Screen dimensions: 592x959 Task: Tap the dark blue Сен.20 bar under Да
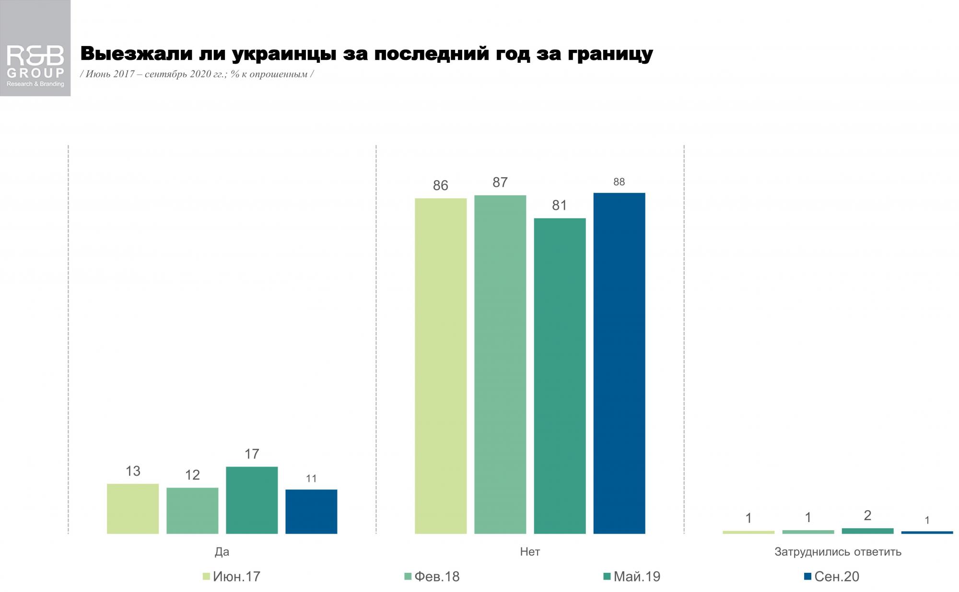pos(311,511)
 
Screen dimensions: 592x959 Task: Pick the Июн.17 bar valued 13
pos(133,508)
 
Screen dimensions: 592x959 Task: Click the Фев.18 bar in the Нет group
pos(500,364)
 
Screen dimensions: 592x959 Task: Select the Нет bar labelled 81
pos(560,376)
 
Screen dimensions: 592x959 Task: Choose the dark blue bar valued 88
pos(619,363)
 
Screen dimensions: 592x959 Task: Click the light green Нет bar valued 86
pos(441,365)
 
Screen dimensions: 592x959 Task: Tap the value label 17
pos(252,454)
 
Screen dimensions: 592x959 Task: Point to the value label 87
pos(500,182)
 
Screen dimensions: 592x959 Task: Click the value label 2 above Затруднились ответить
pos(867,515)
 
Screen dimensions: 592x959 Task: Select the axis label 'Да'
pos(222,552)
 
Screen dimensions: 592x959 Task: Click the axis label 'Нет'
pos(530,552)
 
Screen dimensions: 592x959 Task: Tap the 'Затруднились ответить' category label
pos(838,552)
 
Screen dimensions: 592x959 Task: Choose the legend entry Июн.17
pos(232,577)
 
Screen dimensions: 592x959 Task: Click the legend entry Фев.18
pos(432,577)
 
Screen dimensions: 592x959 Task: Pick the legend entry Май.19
pos(632,577)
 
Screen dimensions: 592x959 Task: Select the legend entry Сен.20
pos(831,577)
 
